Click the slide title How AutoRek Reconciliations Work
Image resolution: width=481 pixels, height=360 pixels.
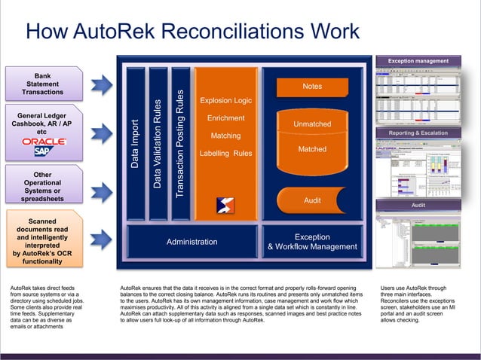pyautogui.click(x=192, y=32)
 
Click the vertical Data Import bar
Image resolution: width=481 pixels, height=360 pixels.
pyautogui.click(x=135, y=143)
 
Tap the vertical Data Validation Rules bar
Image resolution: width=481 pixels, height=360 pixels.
pyautogui.click(x=158, y=143)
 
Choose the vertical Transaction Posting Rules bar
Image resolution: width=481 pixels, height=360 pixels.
pyautogui.click(x=179, y=143)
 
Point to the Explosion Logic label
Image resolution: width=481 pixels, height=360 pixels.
pyautogui.click(x=226, y=100)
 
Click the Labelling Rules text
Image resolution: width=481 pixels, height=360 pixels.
pyautogui.click(x=226, y=154)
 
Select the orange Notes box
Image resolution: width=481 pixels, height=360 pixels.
pyautogui.click(x=312, y=87)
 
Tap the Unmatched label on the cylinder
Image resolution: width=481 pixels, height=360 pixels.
pyautogui.click(x=312, y=124)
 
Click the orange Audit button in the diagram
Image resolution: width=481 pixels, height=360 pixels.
pyautogui.click(x=312, y=201)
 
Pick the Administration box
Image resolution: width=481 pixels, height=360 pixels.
pyautogui.click(x=191, y=242)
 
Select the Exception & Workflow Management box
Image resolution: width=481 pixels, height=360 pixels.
pyautogui.click(x=312, y=242)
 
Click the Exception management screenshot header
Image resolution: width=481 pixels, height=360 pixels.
pyautogui.click(x=418, y=61)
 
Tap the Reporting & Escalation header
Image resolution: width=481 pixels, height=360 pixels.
pyautogui.click(x=418, y=133)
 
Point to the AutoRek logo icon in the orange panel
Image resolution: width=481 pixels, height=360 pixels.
pyautogui.click(x=225, y=204)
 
